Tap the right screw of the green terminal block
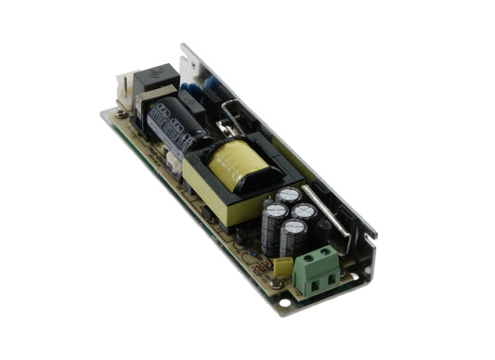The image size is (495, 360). click(x=326, y=251)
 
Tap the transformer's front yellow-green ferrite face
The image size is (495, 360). click(x=209, y=189)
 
